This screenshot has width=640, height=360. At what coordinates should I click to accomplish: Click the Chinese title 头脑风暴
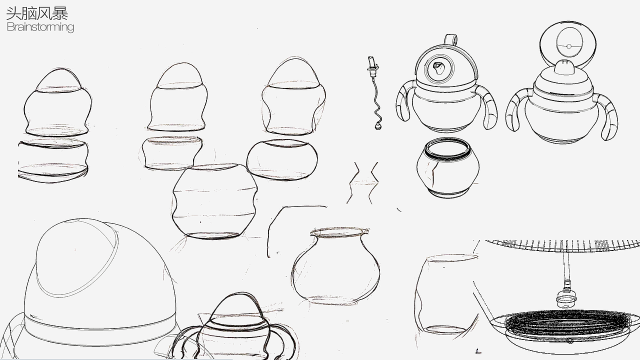tap(37, 13)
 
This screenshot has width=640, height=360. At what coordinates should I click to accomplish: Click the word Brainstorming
tap(40, 27)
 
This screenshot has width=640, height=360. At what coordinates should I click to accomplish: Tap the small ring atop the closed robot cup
tap(450, 39)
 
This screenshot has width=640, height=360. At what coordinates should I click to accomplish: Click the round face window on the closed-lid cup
tap(439, 69)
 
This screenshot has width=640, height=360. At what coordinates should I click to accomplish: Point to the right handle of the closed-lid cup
tap(488, 107)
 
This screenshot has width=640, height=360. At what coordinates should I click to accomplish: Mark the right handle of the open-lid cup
tap(607, 117)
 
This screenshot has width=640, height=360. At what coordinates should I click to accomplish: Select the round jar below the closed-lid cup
tap(447, 168)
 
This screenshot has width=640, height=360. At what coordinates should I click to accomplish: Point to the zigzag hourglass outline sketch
tap(363, 183)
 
